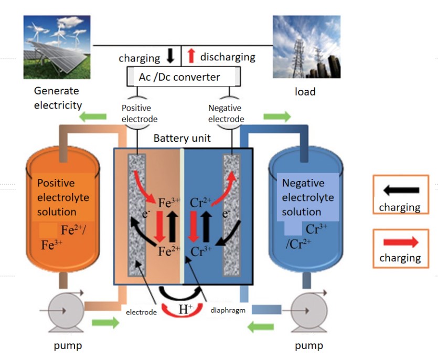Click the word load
[x=305, y=92]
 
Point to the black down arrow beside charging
[x=170, y=56]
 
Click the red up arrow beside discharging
[x=191, y=56]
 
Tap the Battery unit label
[x=182, y=139]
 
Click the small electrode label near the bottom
[x=141, y=312]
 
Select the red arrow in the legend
[x=401, y=242]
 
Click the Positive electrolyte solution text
[x=63, y=198]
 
